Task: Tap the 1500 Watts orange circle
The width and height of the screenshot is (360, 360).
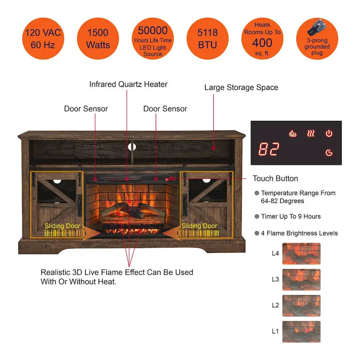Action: pos(98,39)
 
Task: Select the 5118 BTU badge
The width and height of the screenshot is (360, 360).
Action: pos(207,39)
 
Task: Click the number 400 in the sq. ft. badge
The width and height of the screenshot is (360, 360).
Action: pos(262,43)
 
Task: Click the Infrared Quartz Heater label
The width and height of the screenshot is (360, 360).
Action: pos(128,84)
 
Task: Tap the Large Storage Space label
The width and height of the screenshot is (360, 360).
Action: pos(241,87)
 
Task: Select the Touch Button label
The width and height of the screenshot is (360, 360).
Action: pos(275,179)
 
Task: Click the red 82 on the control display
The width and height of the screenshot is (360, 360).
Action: pos(269,149)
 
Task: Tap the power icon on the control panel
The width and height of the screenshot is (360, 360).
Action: pos(329,133)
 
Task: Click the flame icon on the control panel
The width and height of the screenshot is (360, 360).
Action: pos(292,133)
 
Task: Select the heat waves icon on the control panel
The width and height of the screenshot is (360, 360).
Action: pos(311,133)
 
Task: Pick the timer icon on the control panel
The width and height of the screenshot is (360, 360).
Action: pos(329,153)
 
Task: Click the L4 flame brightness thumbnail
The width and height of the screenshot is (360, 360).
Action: pos(301,253)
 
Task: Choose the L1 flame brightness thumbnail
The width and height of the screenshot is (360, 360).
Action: pos(301,332)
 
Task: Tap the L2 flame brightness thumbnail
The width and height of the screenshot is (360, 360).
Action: pos(301,306)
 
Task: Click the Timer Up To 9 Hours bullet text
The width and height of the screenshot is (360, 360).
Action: pos(291,216)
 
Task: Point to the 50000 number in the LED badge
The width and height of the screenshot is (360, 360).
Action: pos(153,31)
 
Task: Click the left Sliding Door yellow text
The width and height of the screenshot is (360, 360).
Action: pos(62,226)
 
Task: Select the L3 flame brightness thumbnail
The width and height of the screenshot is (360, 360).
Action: pos(301,279)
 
